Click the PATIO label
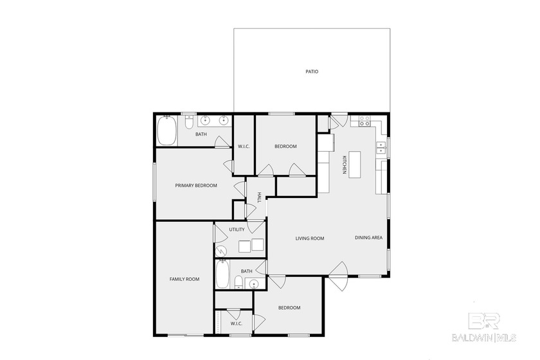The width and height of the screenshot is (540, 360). (x=312, y=72)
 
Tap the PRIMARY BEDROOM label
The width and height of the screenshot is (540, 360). (x=196, y=186)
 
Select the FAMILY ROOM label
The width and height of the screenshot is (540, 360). (x=184, y=279)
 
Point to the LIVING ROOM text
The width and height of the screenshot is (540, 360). (x=309, y=239)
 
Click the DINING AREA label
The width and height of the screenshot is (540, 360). (x=368, y=238)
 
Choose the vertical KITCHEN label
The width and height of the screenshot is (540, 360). (x=345, y=164)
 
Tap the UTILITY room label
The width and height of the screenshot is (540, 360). (x=237, y=230)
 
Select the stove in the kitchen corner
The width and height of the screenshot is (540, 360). (x=365, y=119)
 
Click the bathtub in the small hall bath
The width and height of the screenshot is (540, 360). (x=222, y=275)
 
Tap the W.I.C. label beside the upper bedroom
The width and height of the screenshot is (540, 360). (x=244, y=147)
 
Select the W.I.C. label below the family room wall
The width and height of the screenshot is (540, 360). (x=237, y=323)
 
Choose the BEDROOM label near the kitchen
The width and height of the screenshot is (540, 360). (x=285, y=147)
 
